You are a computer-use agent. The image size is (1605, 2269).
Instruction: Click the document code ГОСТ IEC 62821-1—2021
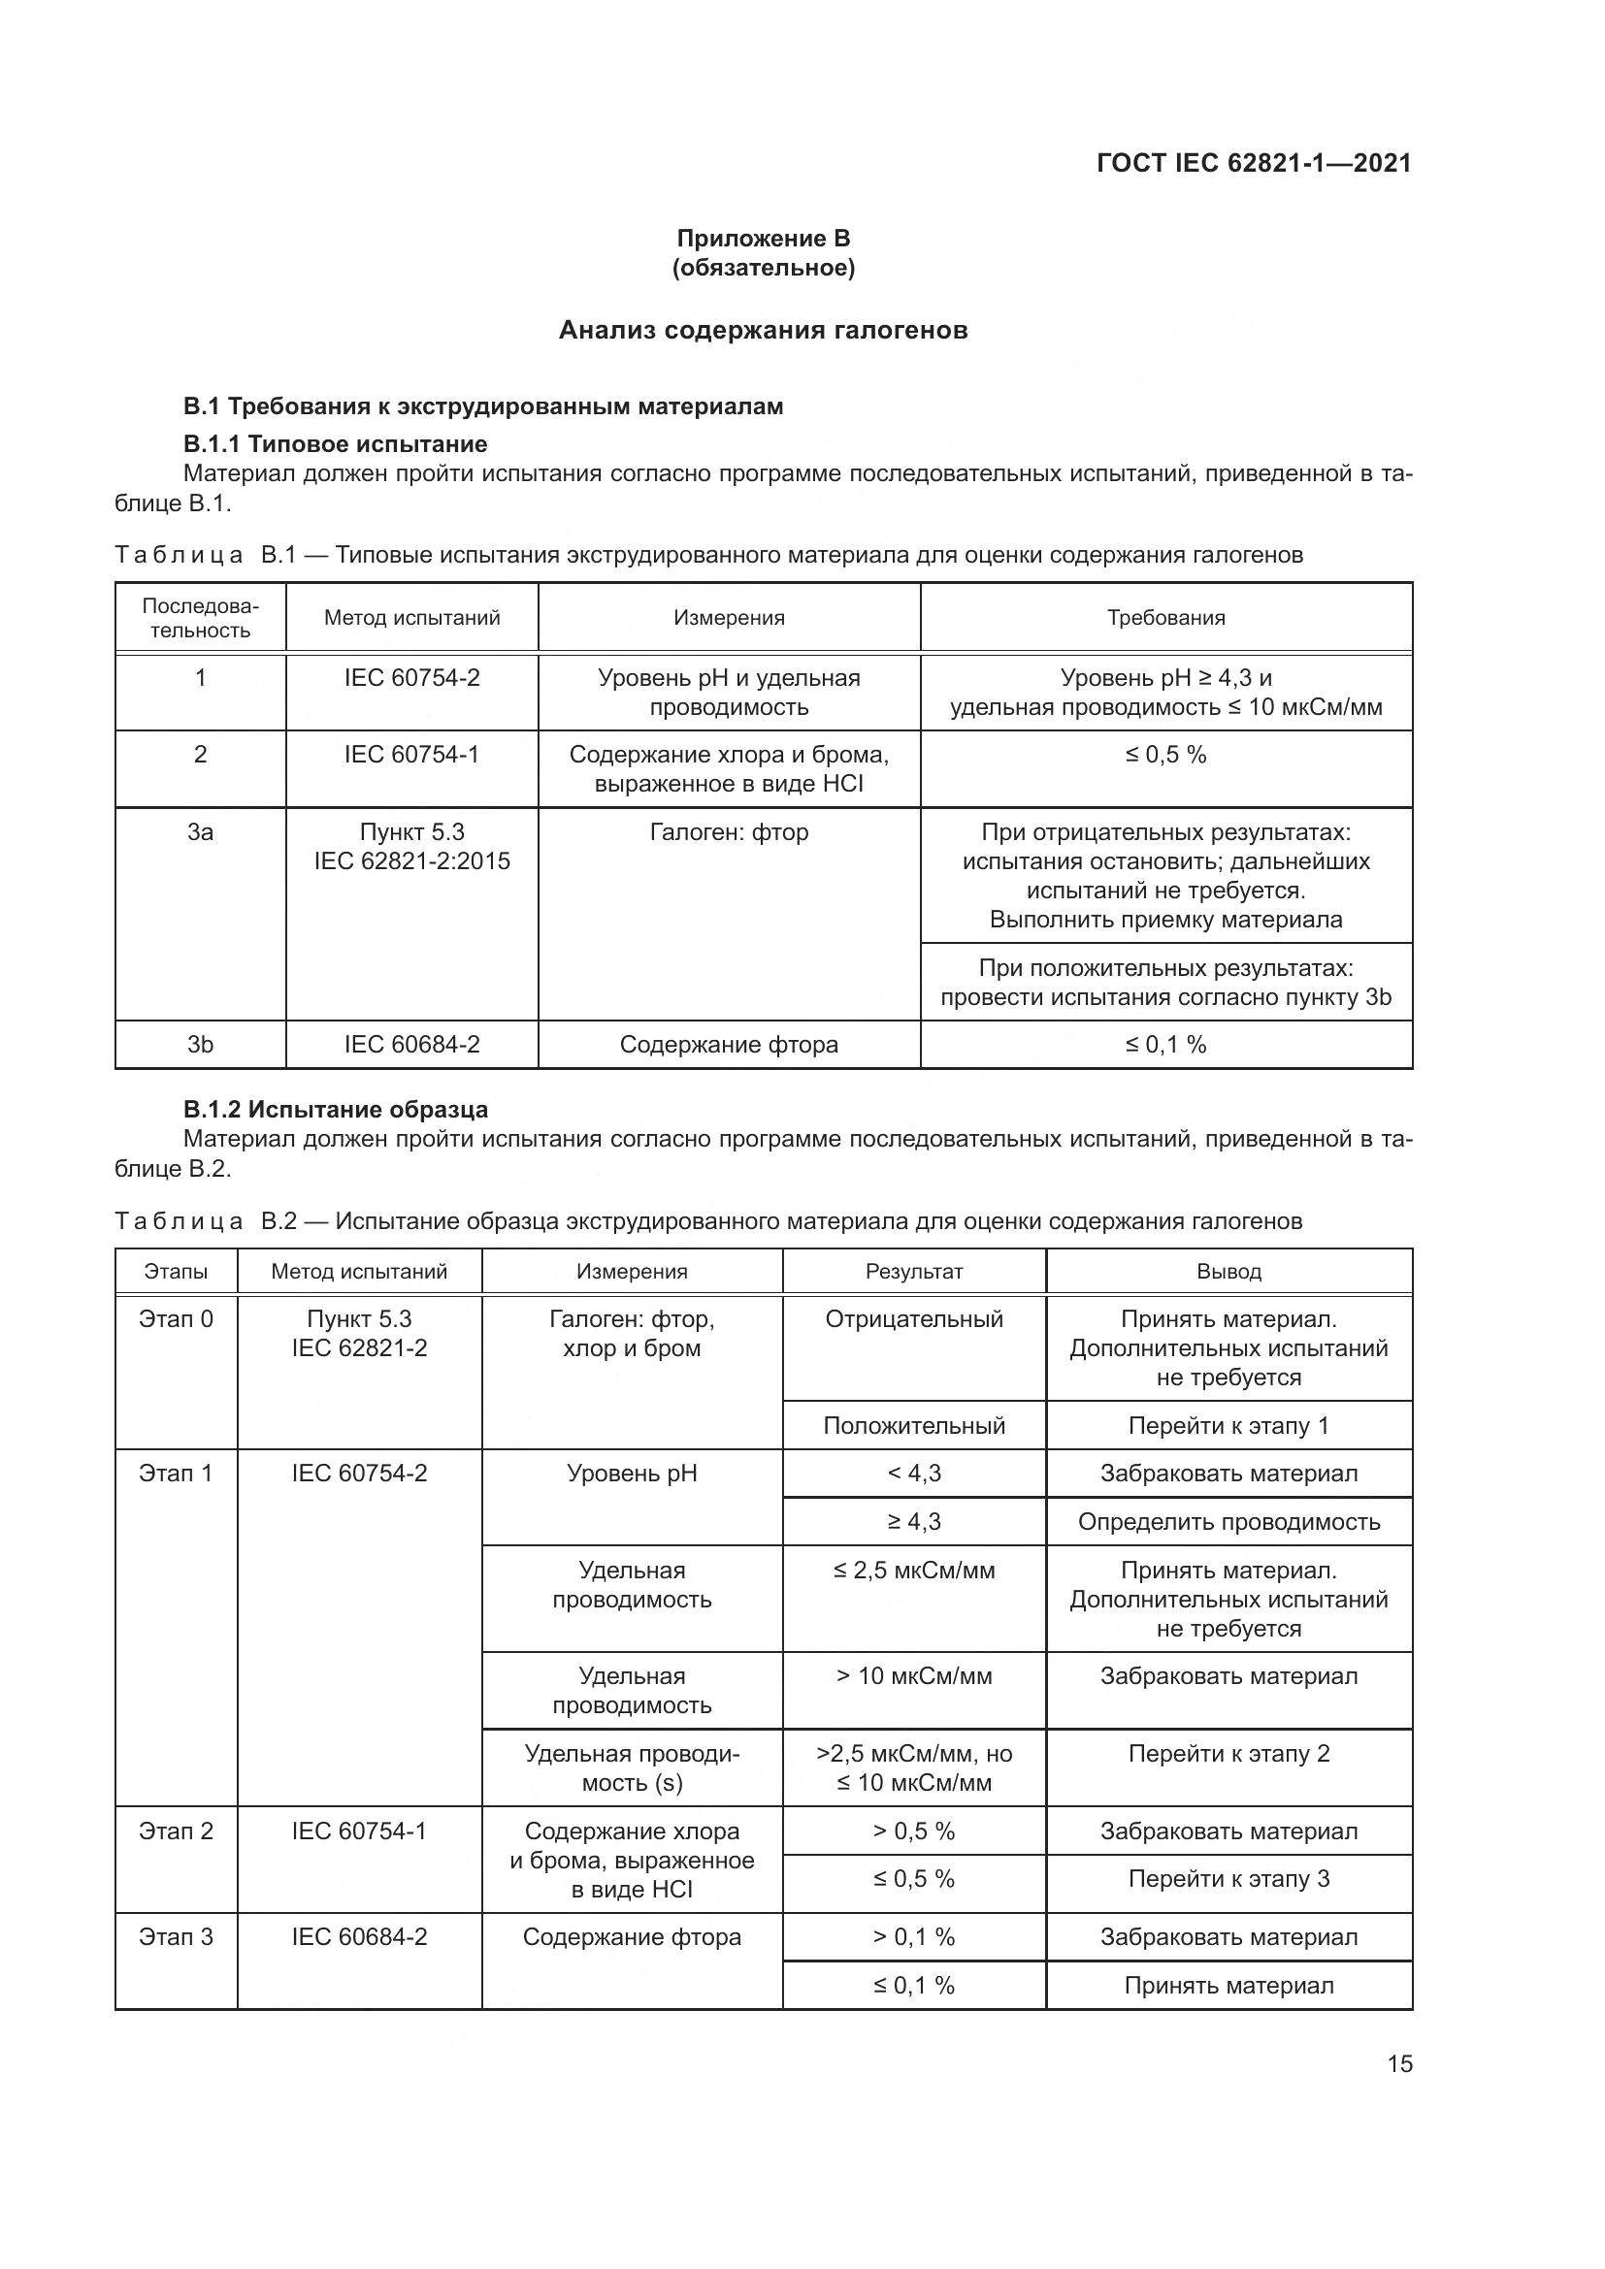click(x=1253, y=163)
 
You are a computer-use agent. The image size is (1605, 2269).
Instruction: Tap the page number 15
click(x=1399, y=2063)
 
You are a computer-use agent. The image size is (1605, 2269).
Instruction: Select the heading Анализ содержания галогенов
click(x=763, y=330)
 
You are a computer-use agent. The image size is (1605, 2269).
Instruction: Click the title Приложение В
click(x=763, y=239)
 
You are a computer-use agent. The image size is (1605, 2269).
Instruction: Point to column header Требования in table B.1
click(x=1165, y=618)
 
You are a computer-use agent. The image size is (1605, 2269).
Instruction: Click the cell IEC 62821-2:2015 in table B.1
click(x=412, y=860)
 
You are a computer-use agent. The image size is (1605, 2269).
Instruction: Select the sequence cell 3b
click(x=201, y=1045)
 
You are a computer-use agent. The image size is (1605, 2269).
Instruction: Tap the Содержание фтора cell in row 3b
click(x=729, y=1045)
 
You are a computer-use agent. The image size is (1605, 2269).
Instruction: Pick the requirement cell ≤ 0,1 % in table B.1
click(x=1165, y=1045)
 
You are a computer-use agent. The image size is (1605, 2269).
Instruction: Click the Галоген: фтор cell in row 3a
click(x=729, y=832)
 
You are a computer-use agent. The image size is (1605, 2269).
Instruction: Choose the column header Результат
click(x=913, y=1272)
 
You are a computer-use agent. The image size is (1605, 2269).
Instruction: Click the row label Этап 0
click(x=176, y=1319)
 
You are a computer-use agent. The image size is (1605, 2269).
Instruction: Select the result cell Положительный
click(x=913, y=1425)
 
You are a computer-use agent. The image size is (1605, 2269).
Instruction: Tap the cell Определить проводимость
click(x=1228, y=1522)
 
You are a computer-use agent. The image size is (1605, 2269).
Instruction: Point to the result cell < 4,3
click(x=913, y=1474)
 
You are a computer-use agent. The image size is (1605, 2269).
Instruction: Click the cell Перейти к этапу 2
click(x=1228, y=1754)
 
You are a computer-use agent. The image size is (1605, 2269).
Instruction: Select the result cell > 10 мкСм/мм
click(x=913, y=1676)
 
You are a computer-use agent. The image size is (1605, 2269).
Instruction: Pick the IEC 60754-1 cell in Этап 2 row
click(x=359, y=1831)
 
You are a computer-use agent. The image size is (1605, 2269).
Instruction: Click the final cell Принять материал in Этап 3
click(x=1228, y=1986)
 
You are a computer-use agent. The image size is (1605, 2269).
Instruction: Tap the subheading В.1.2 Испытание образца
click(x=335, y=1110)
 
